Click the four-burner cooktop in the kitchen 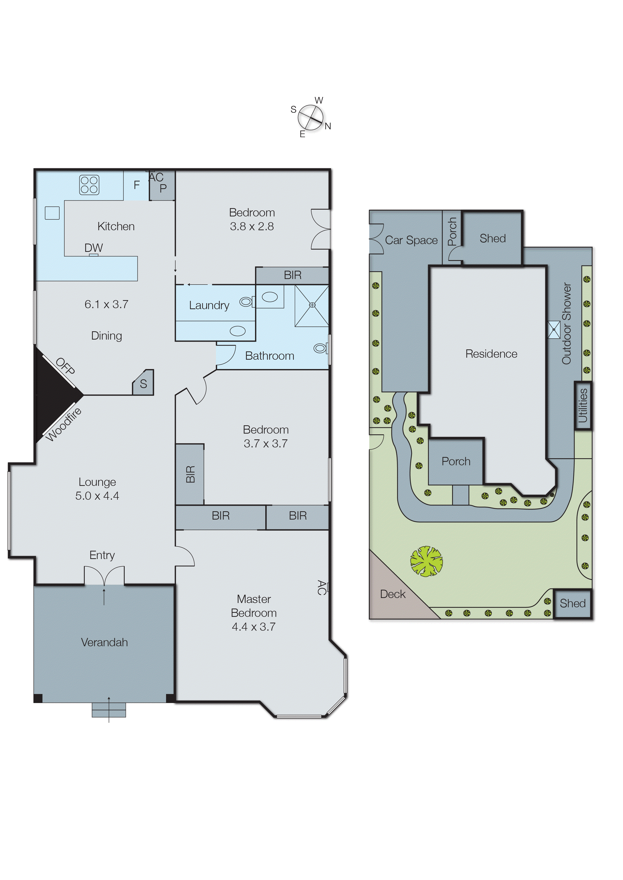pos(89,185)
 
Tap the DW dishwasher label pos(94,248)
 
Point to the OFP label pos(65,366)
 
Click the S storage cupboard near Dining pos(143,383)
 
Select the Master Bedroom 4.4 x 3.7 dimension pos(253,627)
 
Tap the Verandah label pos(104,642)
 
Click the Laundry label pos(209,305)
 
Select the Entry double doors pos(104,576)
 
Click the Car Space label pos(411,240)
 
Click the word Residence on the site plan pos(491,354)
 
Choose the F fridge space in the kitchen pos(137,185)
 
